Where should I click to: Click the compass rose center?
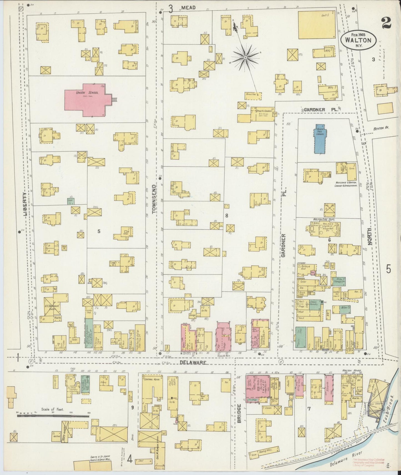246,57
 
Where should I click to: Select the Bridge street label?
239,413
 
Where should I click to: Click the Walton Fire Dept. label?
323,219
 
